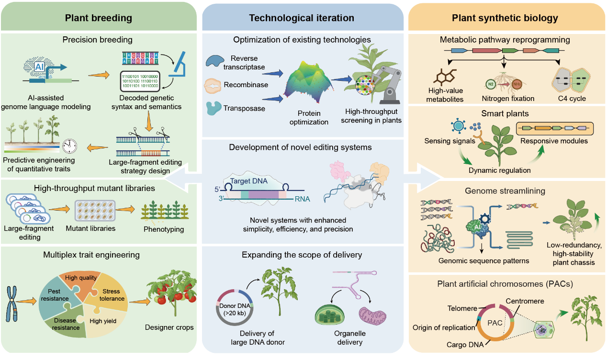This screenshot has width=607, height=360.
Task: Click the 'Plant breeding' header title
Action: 98,18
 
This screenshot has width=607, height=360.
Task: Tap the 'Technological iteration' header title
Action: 302,18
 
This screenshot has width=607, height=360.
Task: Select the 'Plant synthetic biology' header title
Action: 505,18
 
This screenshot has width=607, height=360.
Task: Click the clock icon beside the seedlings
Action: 69,146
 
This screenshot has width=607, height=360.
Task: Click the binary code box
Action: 140,81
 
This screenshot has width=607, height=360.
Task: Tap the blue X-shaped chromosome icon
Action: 11,304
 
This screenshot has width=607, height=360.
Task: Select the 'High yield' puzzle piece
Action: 103,321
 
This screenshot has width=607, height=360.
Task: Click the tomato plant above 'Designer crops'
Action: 172,292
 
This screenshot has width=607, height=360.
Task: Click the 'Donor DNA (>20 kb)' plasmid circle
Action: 235,307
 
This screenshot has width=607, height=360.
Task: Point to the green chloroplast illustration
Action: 329,315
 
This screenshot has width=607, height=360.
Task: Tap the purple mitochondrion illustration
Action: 372,316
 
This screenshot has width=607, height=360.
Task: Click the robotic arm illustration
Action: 388,84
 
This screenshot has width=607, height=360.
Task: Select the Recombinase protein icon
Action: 213,86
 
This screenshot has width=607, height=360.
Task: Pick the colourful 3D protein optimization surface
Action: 308,82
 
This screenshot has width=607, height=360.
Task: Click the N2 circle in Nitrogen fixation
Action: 491,84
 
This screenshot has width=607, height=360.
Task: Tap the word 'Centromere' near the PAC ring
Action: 525,301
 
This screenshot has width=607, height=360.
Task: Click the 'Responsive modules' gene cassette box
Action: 555,128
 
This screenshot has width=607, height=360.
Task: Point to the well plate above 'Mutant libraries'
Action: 95,210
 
